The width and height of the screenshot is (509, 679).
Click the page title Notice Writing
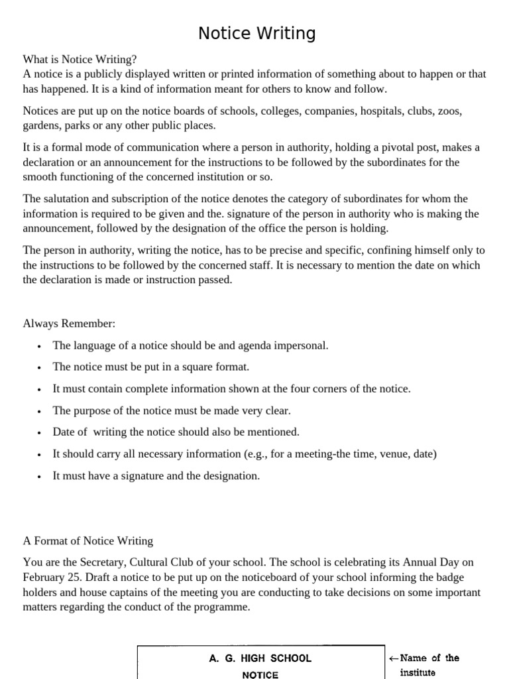pos(257,34)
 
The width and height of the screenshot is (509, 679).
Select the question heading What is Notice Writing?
pos(80,59)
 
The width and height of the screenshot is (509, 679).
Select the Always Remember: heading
pos(69,324)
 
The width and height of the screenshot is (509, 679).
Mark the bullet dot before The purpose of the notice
pos(40,411)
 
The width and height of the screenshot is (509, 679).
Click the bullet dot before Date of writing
pos(40,433)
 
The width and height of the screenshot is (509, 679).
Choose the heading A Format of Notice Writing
pos(87,540)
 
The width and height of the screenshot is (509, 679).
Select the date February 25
pos(52,577)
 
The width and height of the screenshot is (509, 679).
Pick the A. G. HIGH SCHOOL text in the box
pos(260,658)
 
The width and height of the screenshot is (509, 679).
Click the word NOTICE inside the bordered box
pos(260,674)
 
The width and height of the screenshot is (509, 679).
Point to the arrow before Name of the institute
pos(394,658)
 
